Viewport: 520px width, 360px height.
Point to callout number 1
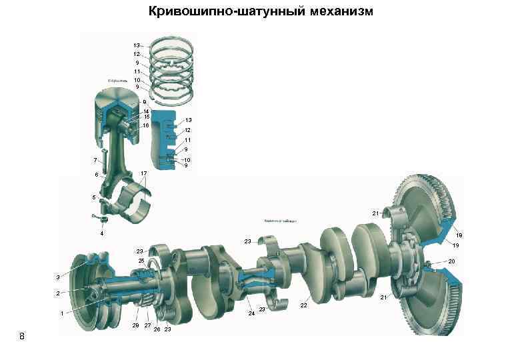click(61, 313)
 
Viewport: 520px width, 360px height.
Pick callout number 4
click(101, 233)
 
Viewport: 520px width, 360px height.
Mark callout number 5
click(94, 198)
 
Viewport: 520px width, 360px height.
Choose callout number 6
click(96, 175)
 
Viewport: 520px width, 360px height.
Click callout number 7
click(96, 161)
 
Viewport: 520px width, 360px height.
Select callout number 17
click(144, 173)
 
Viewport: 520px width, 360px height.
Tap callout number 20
click(451, 262)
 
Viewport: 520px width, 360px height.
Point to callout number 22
click(303, 305)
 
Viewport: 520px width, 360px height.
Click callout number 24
click(251, 313)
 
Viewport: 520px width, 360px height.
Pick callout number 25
click(141, 260)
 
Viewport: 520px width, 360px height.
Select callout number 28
click(135, 325)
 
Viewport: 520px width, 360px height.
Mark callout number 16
click(145, 125)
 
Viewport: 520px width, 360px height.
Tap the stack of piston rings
click(171, 67)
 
